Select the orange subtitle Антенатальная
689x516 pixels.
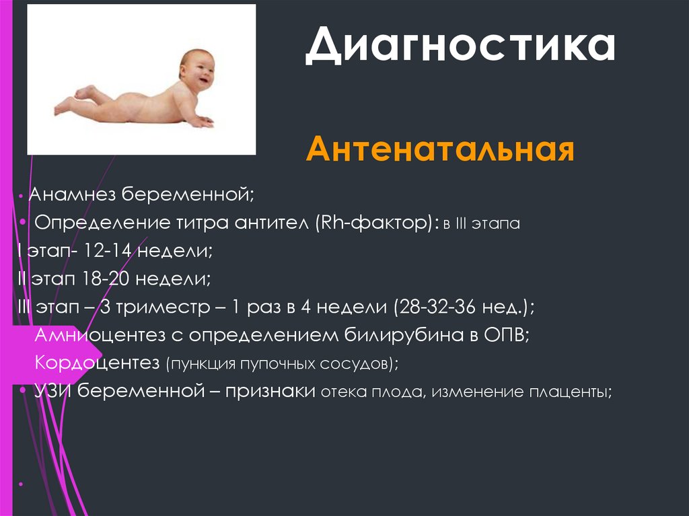click(440, 150)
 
